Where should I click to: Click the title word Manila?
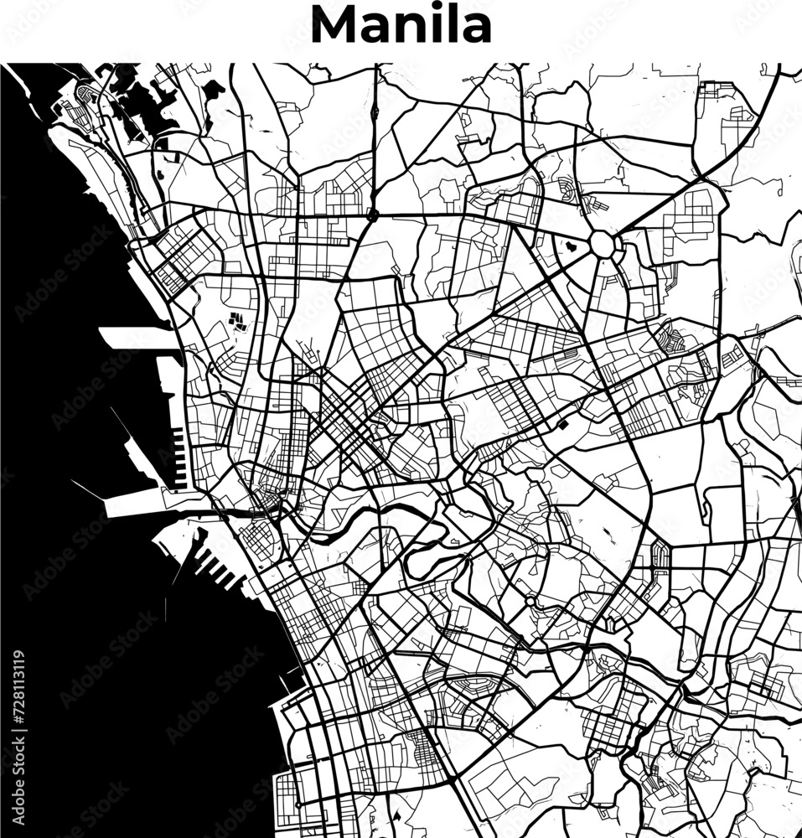tap(401, 25)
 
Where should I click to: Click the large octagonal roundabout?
tap(602, 245)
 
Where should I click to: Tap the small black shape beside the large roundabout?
tap(572, 246)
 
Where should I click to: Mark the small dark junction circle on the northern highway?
tap(371, 215)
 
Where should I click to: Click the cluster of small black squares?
tap(237, 320)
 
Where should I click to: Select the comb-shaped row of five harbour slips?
tap(179, 458)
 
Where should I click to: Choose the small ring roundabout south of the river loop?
tap(530, 602)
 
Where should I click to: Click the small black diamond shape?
tap(562, 425)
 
